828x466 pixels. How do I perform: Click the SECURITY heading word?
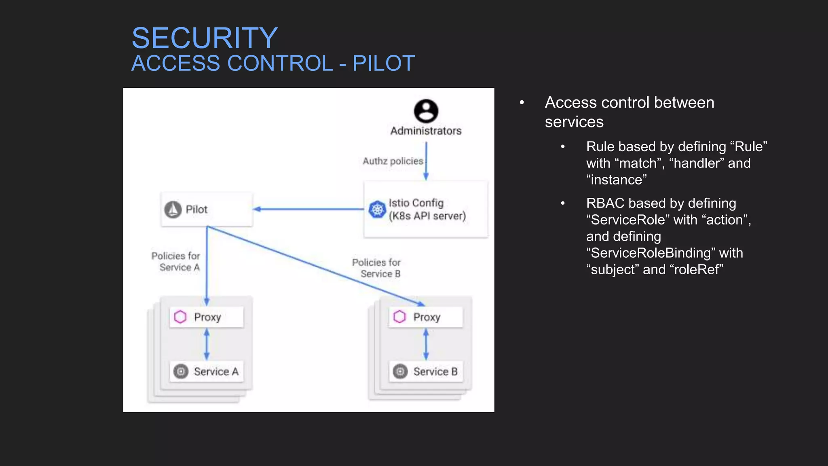[x=205, y=38]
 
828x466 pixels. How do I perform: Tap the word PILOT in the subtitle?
[x=383, y=64]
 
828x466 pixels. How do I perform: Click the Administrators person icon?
[x=426, y=111]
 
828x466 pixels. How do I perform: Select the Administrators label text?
[x=426, y=131]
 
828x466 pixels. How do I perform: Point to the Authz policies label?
[x=393, y=161]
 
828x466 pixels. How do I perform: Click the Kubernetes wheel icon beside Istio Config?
[x=377, y=209]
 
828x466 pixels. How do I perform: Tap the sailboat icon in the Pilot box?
[x=173, y=210]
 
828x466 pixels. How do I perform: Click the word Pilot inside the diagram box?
[x=196, y=210]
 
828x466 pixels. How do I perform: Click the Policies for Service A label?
[x=176, y=261]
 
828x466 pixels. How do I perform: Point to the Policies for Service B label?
[x=377, y=268]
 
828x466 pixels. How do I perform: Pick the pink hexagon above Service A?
[x=180, y=317]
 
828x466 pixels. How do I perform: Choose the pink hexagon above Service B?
[x=399, y=317]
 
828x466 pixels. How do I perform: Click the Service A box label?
[x=216, y=371]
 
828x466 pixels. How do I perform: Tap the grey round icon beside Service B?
[x=400, y=371]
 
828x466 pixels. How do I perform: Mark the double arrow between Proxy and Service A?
[x=207, y=344]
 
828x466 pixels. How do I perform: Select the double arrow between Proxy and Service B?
[x=426, y=344]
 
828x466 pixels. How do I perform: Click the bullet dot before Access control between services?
[x=522, y=103]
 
